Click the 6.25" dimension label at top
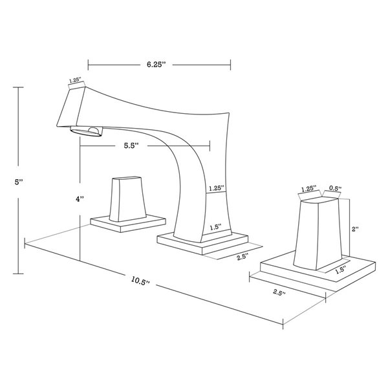click(x=158, y=65)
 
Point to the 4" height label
click(x=79, y=200)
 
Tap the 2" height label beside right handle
click(x=354, y=229)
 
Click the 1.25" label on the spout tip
click(x=76, y=81)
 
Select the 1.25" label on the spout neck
click(x=215, y=188)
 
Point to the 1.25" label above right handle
click(x=308, y=189)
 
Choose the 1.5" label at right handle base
click(x=341, y=269)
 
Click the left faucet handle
click(x=127, y=199)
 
